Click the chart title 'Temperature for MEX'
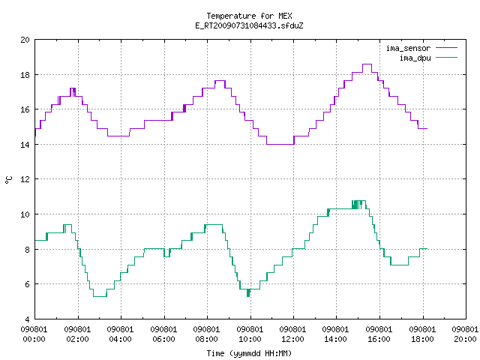tap(249, 16)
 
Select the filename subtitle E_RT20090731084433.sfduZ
tap(249, 25)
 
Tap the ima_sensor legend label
tap(408, 48)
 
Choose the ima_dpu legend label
tap(415, 58)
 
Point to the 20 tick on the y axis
tap(25, 40)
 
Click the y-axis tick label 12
tap(25, 179)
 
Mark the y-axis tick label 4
tap(27, 319)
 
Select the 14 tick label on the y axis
tap(25, 145)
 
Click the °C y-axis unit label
tap(8, 180)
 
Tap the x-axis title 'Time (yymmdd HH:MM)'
tap(249, 353)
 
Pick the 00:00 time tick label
tap(34, 339)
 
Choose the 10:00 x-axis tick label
tap(250, 339)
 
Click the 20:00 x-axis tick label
tap(465, 339)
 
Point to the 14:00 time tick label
tap(335, 339)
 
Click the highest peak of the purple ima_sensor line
tap(367, 64)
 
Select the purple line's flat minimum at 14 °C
tap(280, 144)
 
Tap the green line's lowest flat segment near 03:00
tap(100, 296)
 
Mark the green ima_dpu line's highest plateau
tap(358, 201)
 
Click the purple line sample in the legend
tap(446, 48)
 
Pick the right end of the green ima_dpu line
tap(427, 248)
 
